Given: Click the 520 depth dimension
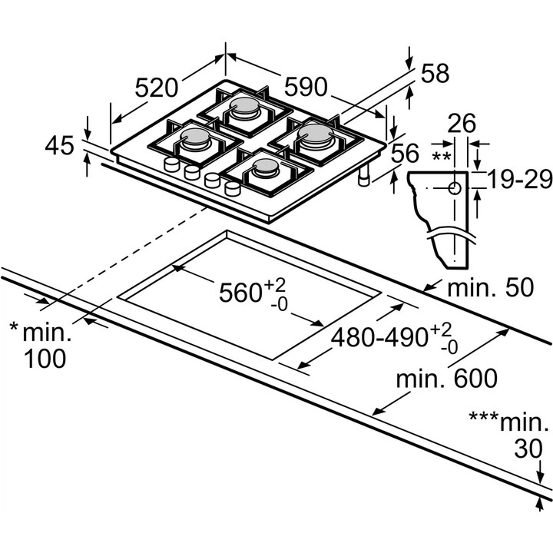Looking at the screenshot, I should pos(159,89).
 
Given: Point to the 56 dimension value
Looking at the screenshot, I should pos(406,154).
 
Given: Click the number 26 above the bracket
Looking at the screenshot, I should pos(462,123).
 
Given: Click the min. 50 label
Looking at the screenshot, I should pos(490,289).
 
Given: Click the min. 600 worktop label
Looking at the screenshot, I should pos(446,378).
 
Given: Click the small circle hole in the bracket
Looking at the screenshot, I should pos(454,187).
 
